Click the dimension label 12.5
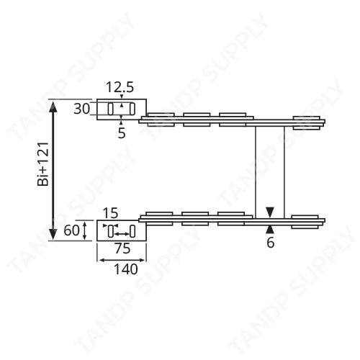pos(120,88)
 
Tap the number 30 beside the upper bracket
pos(82,109)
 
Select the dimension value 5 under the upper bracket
pos(122,133)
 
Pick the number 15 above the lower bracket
pos(110,213)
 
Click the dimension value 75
pos(121,250)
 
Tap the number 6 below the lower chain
pos(270,243)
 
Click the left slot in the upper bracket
pos(111,109)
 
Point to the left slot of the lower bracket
pos(111,231)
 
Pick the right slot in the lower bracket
pos(132,231)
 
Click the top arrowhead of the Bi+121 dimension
pos(53,105)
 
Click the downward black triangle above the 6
pos(269,212)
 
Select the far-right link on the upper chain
pos(307,120)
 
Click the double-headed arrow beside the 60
pos(88,231)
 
